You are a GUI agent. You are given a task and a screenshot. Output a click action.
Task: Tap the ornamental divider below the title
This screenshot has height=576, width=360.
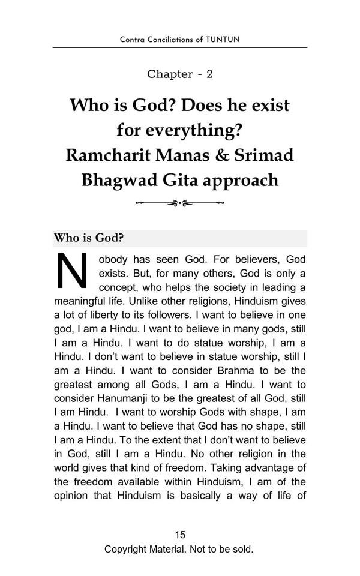click(179, 203)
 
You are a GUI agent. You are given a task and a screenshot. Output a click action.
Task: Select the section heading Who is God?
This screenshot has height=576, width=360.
click(89, 238)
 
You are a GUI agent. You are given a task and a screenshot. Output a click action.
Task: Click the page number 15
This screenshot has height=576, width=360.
click(179, 535)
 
